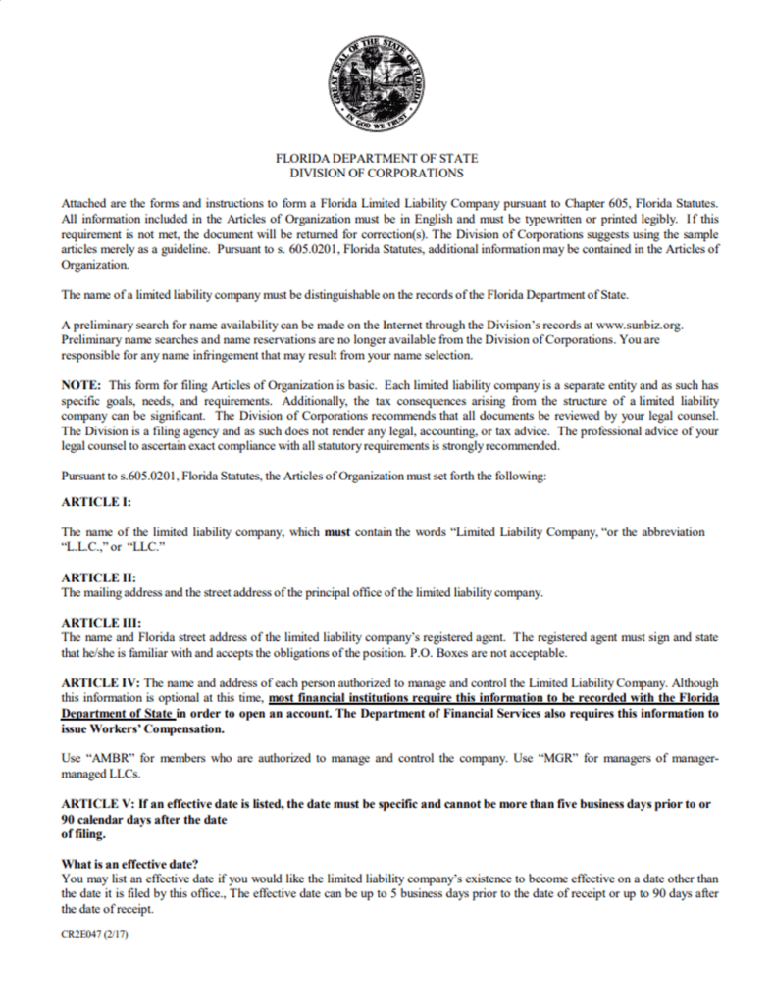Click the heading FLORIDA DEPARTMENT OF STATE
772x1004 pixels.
click(377, 158)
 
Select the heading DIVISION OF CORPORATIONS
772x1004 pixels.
click(377, 173)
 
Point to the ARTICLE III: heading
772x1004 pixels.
click(100, 623)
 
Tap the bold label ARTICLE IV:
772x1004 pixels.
click(102, 682)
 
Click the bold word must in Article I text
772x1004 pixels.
click(337, 531)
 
